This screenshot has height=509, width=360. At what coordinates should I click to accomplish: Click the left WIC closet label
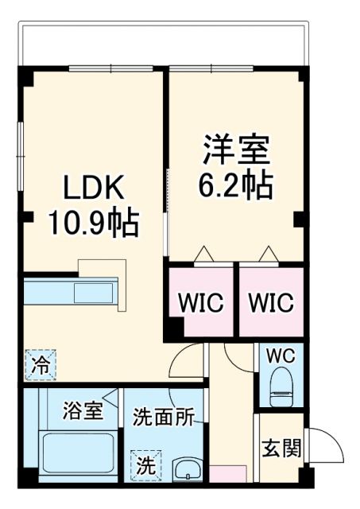tap(200, 303)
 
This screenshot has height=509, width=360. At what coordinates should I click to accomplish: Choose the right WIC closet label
tap(271, 303)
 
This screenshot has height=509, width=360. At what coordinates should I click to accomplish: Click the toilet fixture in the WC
tap(281, 389)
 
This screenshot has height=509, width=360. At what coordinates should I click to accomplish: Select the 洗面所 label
tap(163, 418)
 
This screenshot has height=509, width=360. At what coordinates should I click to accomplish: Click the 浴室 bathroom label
tap(83, 412)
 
